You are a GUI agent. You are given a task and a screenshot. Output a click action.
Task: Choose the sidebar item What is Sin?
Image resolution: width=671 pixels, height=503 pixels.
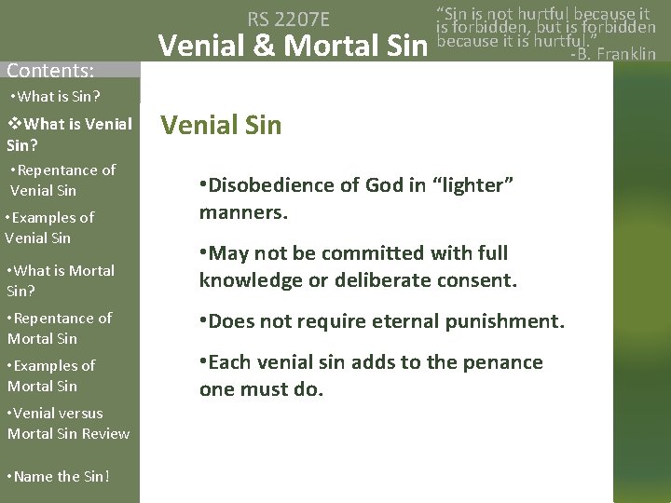coord(55,98)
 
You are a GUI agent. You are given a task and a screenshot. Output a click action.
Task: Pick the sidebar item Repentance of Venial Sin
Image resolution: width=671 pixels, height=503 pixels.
coord(62,180)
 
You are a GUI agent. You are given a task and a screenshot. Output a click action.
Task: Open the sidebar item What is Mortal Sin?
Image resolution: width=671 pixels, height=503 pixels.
coord(60,279)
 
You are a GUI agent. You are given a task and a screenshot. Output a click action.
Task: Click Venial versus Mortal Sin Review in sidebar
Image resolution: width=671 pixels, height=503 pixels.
coord(67,422)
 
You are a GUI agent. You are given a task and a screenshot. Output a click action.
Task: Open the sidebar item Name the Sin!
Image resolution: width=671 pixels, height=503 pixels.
coord(58,477)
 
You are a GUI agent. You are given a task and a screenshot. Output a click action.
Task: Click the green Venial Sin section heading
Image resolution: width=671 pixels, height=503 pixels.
coord(221,125)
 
